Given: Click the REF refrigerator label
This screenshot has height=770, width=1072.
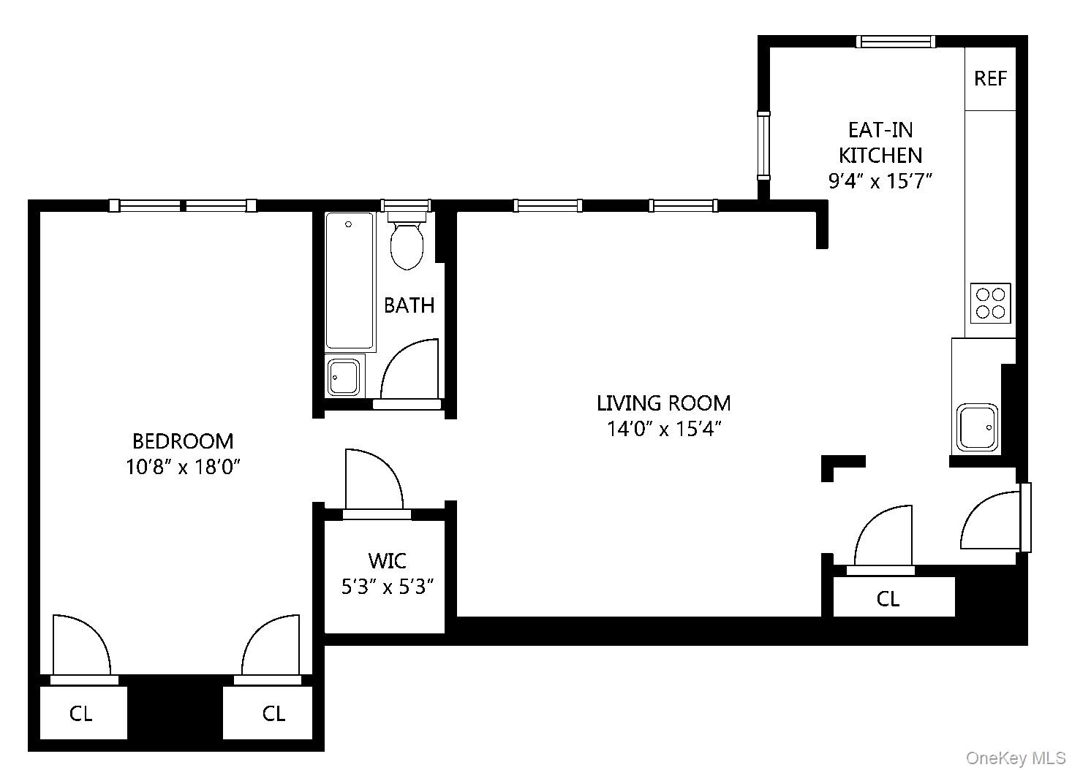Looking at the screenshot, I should click(990, 78).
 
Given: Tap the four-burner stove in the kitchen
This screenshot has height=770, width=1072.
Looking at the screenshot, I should click(990, 303).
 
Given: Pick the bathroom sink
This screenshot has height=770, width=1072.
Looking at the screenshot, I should click(344, 376).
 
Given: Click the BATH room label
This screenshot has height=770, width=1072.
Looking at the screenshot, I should click(409, 305).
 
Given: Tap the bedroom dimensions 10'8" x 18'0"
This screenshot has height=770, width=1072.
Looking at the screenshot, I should click(183, 467).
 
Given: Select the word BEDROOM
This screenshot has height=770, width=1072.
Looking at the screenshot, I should click(183, 441).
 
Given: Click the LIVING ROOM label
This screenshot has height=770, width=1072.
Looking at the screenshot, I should click(663, 403).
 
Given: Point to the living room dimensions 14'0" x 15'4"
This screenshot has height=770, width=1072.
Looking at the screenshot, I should click(664, 429).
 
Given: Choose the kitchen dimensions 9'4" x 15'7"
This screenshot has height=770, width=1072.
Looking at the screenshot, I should click(880, 180).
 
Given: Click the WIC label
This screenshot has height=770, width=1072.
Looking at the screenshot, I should click(388, 561).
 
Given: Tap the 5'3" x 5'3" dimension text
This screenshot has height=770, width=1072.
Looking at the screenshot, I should click(388, 586).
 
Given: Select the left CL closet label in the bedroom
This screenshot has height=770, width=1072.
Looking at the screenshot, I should click(81, 713).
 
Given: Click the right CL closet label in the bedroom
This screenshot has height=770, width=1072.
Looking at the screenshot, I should click(273, 713).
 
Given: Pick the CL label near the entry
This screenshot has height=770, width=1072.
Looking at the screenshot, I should click(888, 599).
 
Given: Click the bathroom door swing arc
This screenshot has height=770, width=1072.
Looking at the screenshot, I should click(410, 369).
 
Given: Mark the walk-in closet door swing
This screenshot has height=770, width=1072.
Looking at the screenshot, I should click(373, 479).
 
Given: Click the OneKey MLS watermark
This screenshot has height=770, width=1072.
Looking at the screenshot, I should click(1016, 758).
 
